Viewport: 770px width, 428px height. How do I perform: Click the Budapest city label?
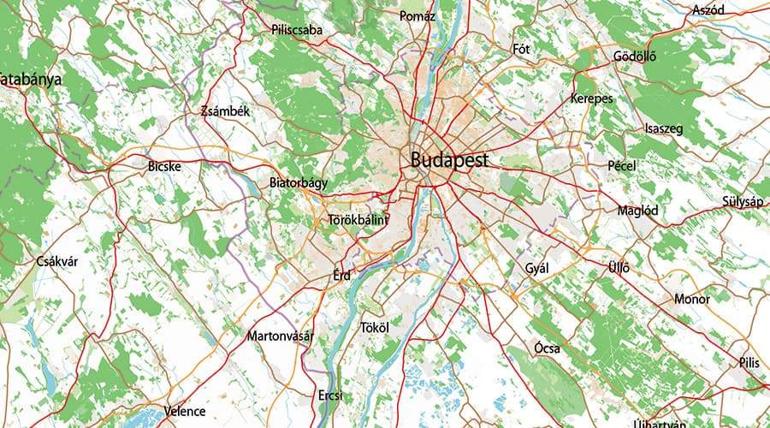coord(449,159)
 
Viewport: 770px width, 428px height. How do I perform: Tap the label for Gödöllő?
coord(634,57)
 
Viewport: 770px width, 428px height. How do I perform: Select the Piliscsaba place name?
coord(297,30)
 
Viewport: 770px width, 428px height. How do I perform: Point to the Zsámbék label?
coord(224,111)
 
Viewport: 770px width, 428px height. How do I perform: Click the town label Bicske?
coord(164,166)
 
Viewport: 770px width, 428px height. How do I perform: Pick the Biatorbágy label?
coord(298,182)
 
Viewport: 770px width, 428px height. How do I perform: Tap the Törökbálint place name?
coord(358,220)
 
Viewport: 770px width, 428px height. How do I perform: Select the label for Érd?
coord(341,276)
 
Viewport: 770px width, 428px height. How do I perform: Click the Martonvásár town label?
coord(280,336)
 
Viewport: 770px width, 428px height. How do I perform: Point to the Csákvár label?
coord(57,261)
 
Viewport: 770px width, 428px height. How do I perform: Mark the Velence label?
coord(186,410)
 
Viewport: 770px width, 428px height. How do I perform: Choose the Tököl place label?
coord(375,328)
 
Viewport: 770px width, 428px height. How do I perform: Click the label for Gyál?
coord(536,269)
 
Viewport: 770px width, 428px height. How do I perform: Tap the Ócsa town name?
coord(547,348)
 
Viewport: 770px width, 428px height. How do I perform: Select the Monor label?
coord(692,300)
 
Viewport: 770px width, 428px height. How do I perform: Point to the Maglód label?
coord(637,210)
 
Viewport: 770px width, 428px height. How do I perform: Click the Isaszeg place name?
coord(663,128)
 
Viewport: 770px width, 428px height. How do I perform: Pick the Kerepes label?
coord(592,98)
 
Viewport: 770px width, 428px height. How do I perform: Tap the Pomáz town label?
coord(418,15)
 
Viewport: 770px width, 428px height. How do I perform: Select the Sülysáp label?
coord(742,201)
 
